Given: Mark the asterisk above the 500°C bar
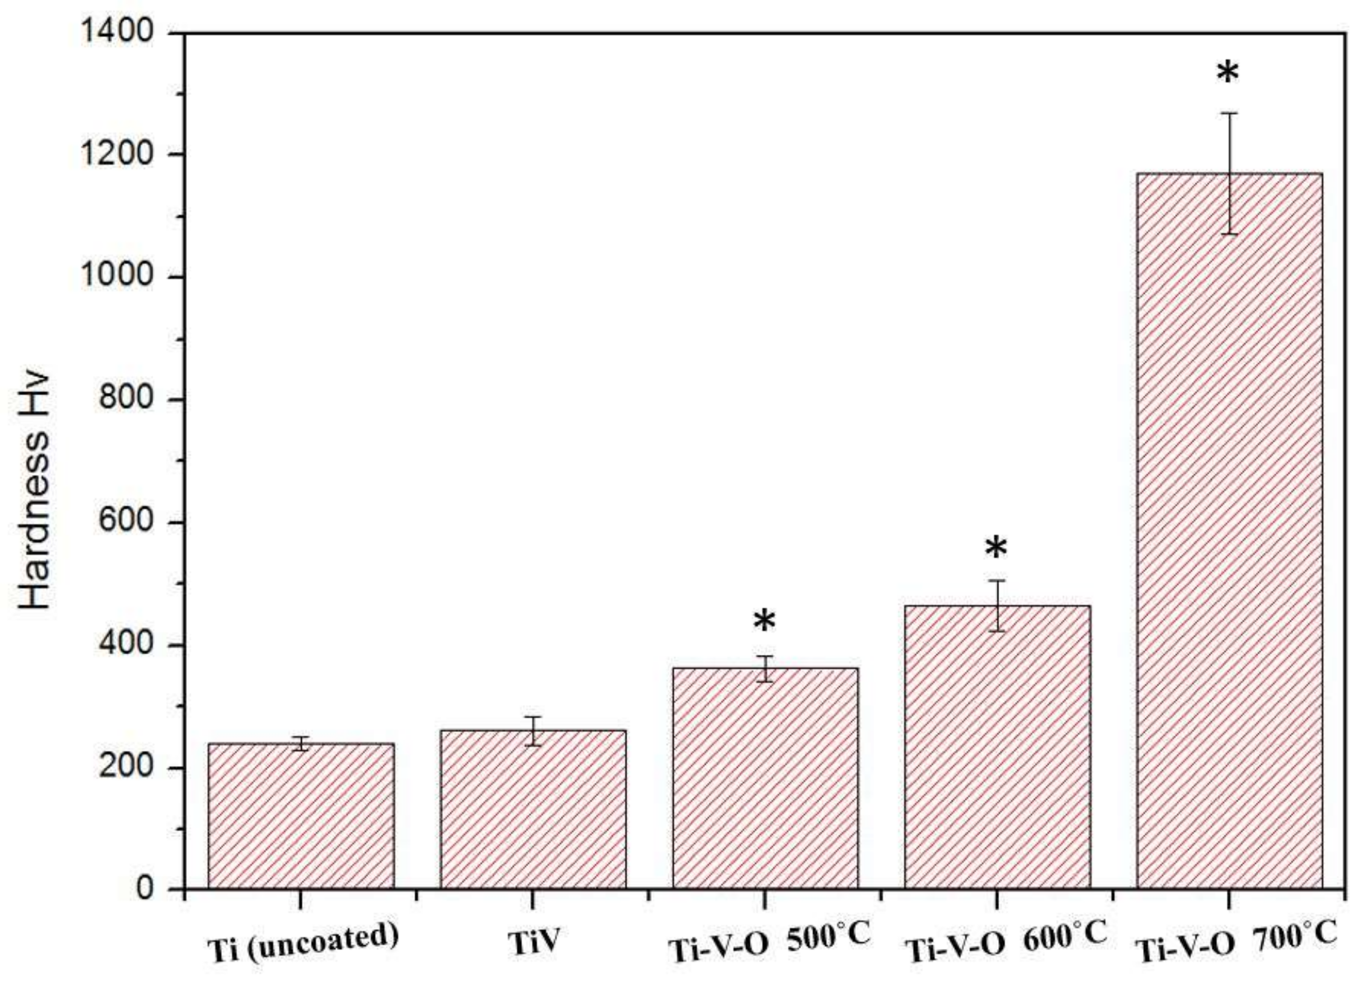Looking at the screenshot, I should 764,622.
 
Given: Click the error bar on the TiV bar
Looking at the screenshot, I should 533,731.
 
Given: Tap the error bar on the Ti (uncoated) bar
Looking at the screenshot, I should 301,743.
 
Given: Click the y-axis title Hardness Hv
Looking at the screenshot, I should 35,491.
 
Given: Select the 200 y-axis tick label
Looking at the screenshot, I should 126,768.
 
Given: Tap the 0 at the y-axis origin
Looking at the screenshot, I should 145,889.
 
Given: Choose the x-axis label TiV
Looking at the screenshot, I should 533,944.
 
